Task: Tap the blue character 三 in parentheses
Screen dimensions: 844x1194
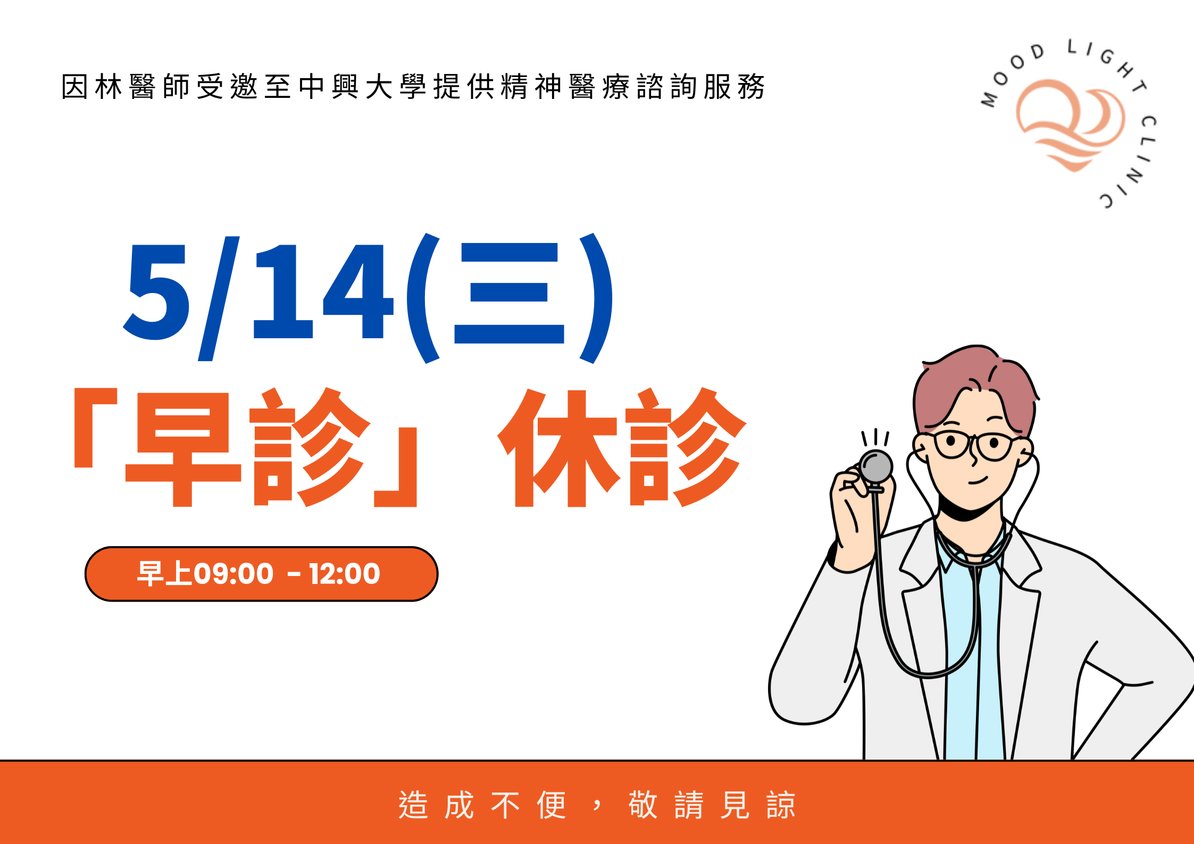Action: pyautogui.click(x=509, y=294)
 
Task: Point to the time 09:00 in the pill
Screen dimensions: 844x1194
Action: pyautogui.click(x=233, y=574)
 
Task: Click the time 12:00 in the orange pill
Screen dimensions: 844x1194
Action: pyautogui.click(x=345, y=574)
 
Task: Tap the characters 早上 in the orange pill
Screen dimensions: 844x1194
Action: pyautogui.click(x=164, y=574)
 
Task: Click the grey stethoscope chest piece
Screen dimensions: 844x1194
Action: pyautogui.click(x=876, y=467)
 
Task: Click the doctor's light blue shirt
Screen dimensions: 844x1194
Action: pyautogui.click(x=963, y=665)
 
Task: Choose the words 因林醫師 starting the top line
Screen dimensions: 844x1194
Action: pyautogui.click(x=126, y=87)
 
